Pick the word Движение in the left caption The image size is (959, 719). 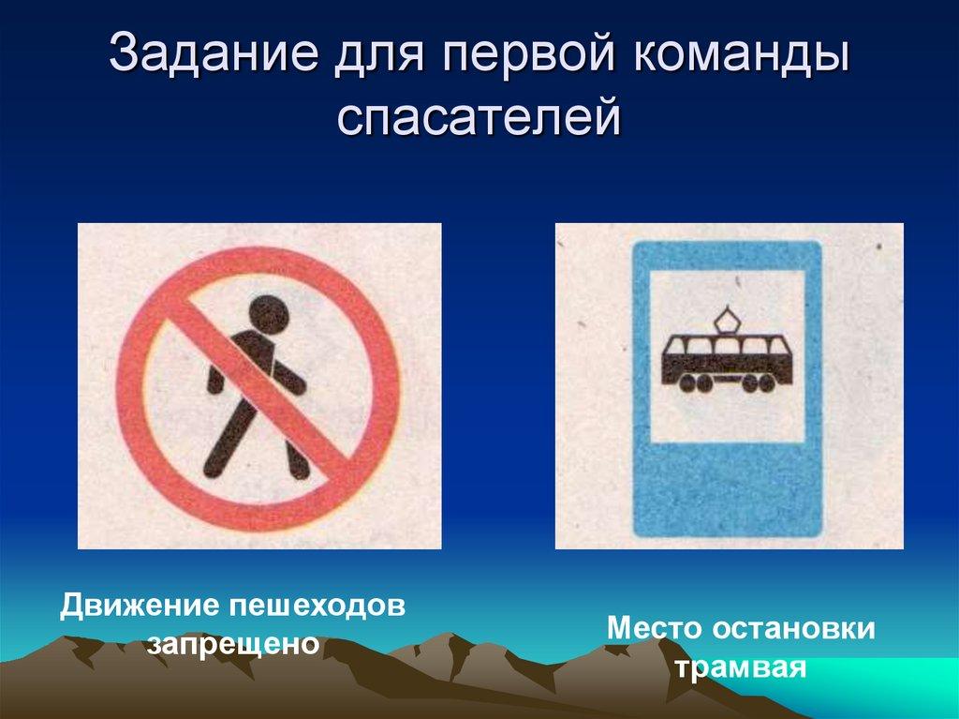(x=137, y=605)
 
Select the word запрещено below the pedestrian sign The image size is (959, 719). (x=234, y=645)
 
